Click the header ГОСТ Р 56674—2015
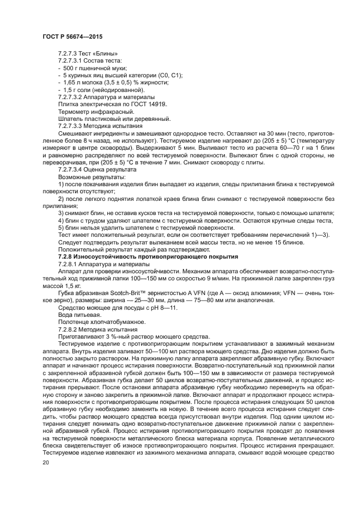click(x=72, y=36)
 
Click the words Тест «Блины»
click(x=96, y=54)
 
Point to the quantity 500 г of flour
click(x=69, y=68)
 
